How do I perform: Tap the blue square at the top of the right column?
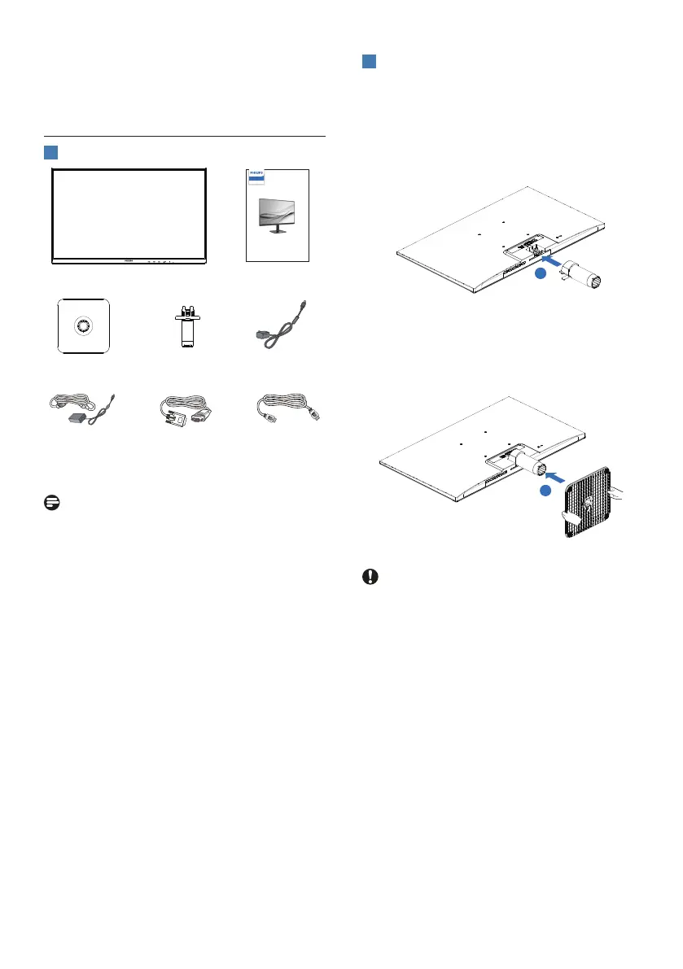click(x=369, y=63)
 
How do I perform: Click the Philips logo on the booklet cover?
click(x=257, y=177)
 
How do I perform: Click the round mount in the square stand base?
click(x=83, y=325)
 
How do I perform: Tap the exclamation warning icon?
click(x=369, y=577)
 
